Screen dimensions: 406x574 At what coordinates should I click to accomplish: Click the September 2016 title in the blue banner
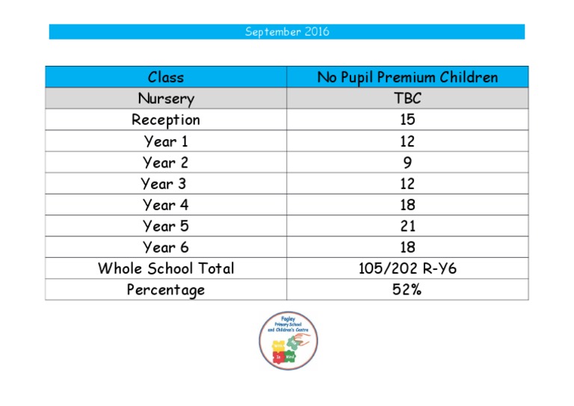pos(287,32)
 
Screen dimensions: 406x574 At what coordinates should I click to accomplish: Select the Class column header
pos(166,77)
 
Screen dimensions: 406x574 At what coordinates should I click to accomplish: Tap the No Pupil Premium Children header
pos(407,77)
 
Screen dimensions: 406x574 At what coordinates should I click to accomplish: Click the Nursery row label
pos(166,99)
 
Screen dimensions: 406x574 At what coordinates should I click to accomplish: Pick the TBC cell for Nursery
pos(407,99)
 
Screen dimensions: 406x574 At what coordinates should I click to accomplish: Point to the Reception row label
pos(166,120)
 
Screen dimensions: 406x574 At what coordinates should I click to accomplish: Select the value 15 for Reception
pos(407,120)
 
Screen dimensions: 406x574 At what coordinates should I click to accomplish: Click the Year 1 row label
pos(166,141)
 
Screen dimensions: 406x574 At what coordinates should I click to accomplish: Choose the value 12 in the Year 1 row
pos(407,141)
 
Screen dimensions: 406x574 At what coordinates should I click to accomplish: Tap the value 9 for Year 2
pos(407,162)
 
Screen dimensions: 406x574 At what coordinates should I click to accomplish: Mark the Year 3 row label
pos(164,183)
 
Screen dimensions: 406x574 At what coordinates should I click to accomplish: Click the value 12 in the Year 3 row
pos(407,183)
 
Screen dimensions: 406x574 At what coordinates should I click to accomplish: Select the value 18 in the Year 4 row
pos(407,205)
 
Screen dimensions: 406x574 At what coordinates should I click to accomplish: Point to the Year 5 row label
pos(166,226)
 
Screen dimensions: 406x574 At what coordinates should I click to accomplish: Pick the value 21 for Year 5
pos(407,226)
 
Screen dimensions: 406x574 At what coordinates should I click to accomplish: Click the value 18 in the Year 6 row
pos(407,247)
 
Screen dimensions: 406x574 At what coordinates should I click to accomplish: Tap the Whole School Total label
pos(166,268)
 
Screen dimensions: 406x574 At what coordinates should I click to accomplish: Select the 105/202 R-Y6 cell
pos(407,268)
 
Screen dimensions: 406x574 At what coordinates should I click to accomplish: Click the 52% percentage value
pos(407,289)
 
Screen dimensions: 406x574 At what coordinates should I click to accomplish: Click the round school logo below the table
pos(288,340)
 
